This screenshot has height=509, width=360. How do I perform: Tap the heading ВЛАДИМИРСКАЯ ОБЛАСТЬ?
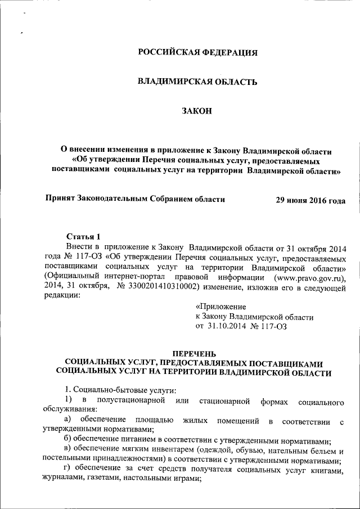coord(197,82)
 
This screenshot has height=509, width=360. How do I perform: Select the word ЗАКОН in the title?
coord(197,112)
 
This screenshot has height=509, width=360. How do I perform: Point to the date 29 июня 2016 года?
coord(310,200)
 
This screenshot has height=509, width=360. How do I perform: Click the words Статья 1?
coord(83,236)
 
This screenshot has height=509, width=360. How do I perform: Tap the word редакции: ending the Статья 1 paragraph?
coord(62,297)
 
